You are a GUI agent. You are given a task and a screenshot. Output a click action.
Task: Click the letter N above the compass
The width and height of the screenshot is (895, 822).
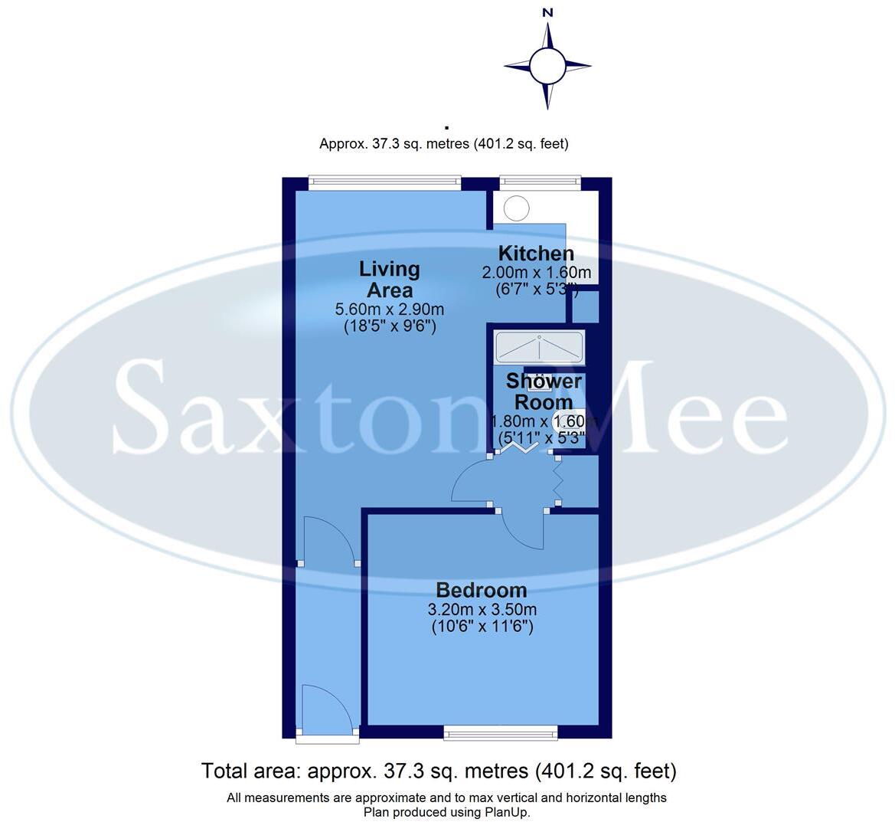[547, 12]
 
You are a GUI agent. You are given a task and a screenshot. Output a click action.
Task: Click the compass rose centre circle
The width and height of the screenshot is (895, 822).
[547, 66]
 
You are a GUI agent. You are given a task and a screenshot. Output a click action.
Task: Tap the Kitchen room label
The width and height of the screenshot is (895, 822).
[536, 254]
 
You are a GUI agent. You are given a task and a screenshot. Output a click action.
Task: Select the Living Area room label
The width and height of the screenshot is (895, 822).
[390, 280]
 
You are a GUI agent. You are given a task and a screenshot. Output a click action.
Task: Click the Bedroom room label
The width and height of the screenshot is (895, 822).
[482, 590]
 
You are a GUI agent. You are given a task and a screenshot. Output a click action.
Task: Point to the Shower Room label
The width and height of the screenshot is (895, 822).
[544, 391]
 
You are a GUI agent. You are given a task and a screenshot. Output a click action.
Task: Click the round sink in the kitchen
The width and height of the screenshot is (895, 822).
[517, 208]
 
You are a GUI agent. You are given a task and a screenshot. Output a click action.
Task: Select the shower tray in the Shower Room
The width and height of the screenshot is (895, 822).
[540, 347]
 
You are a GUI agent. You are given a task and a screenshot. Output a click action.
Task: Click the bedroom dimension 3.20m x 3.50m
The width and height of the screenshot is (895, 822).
[482, 610]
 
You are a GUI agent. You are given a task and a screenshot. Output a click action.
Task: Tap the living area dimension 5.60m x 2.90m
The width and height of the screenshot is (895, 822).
[390, 309]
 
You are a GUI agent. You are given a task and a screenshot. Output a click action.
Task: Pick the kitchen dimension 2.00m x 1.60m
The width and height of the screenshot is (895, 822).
[536, 273]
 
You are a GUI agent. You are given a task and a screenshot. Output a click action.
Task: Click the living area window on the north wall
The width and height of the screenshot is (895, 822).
[385, 182]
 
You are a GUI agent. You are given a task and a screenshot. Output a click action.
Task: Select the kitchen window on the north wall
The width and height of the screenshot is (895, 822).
[541, 182]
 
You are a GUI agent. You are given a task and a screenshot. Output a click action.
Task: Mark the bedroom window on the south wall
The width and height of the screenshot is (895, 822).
[501, 734]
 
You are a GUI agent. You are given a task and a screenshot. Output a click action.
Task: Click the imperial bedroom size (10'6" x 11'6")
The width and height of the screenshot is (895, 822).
[482, 627]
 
